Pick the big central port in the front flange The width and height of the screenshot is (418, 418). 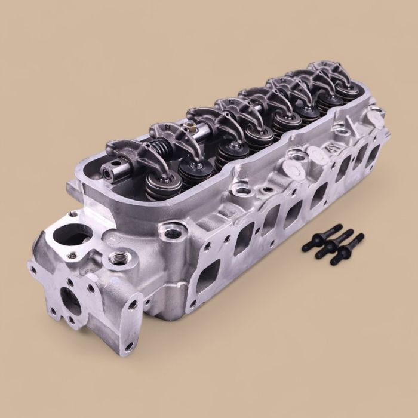(70, 298)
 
